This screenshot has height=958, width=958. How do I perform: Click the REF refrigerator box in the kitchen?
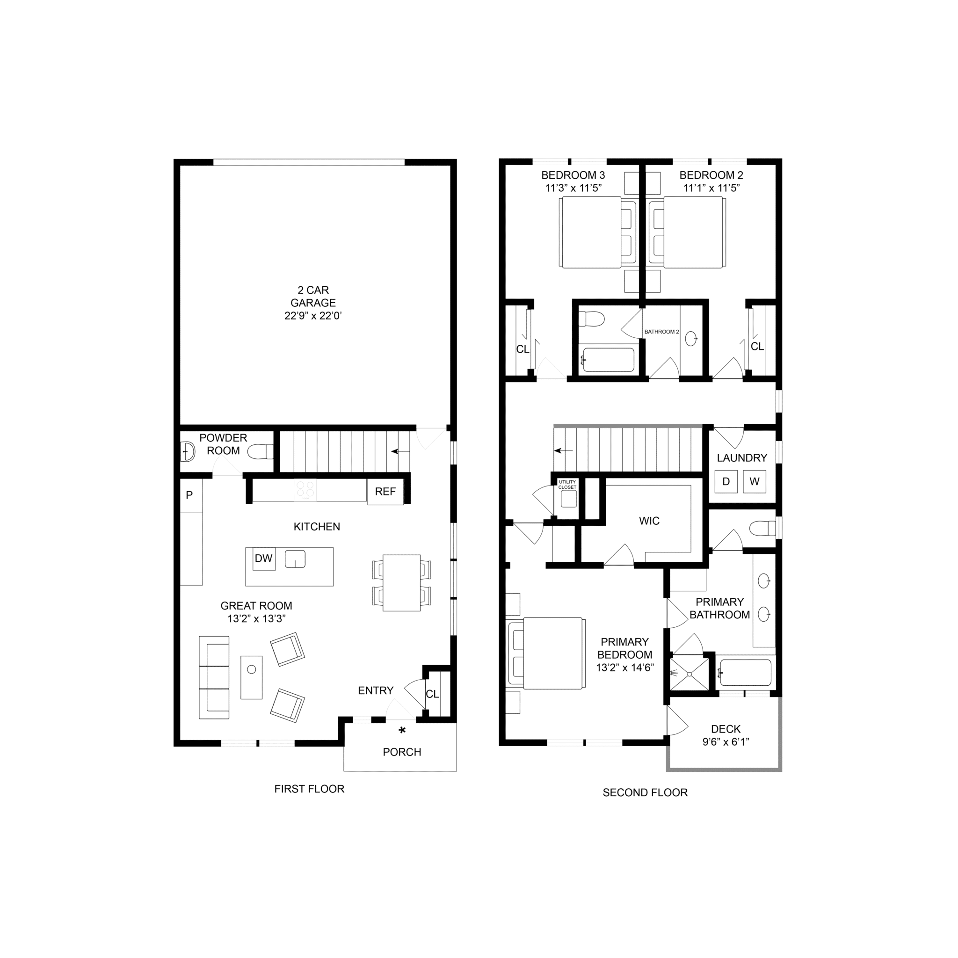point(385,492)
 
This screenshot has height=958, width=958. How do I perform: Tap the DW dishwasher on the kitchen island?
point(264,559)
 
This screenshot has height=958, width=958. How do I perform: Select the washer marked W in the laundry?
point(754,481)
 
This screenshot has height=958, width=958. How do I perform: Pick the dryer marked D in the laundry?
point(726,481)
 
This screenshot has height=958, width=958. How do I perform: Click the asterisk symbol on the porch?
point(402,730)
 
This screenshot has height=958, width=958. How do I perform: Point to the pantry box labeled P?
point(191,495)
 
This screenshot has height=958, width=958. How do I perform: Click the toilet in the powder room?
point(261,451)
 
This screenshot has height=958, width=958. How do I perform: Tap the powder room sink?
point(188,451)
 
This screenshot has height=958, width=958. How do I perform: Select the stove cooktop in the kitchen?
point(305,490)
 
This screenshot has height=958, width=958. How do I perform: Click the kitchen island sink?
point(295,559)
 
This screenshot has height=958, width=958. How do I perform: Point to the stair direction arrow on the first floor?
point(401,451)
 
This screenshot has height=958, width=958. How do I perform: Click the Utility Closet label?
point(567,485)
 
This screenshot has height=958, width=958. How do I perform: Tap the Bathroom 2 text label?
point(661,332)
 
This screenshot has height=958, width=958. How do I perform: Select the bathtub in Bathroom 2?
point(608,360)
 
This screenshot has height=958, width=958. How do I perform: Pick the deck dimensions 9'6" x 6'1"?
point(726,742)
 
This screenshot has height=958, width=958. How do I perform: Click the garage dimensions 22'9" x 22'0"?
point(313,315)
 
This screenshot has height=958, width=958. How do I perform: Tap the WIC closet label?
point(649,521)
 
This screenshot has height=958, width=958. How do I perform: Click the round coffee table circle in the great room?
point(251,669)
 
